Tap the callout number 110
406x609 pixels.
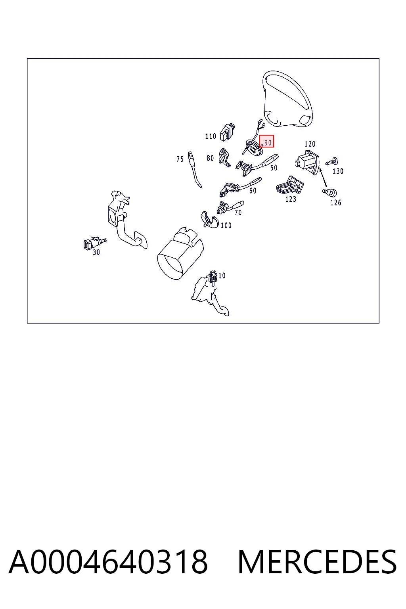(x=211, y=136)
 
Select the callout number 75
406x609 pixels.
(x=180, y=159)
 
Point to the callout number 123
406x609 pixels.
(x=291, y=199)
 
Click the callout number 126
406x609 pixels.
(x=335, y=203)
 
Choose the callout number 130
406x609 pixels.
(x=338, y=171)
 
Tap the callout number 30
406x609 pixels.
(x=96, y=252)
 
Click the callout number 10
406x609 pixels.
(x=222, y=276)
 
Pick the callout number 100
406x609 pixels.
(x=226, y=225)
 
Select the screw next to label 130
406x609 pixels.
(x=332, y=161)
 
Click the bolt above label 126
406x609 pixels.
(x=329, y=192)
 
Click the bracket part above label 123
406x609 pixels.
(x=290, y=185)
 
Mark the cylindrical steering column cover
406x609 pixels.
(x=180, y=253)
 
